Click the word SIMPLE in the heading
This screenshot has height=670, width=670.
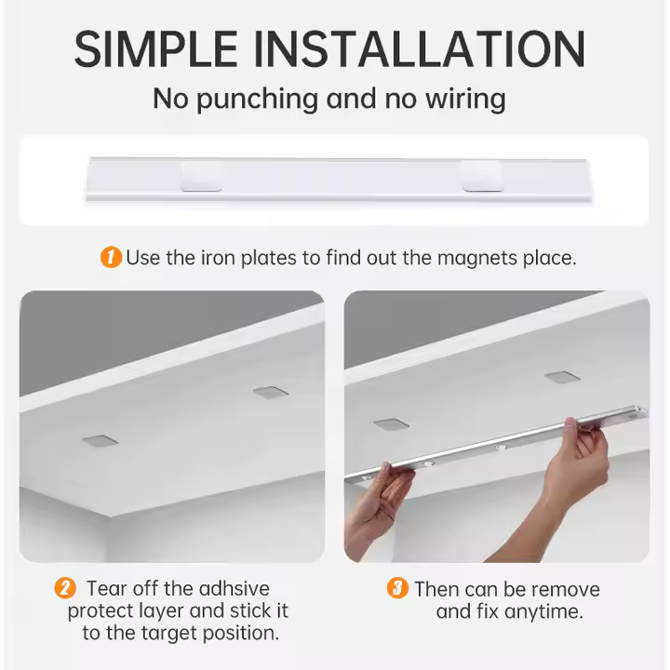(156, 49)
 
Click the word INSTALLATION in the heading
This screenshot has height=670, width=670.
(420, 49)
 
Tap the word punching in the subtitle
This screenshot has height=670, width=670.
(257, 100)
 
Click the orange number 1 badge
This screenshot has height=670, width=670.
(111, 257)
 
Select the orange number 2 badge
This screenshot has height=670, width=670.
(65, 588)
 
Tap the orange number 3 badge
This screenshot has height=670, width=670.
(397, 588)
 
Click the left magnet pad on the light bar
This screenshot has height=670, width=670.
(201, 176)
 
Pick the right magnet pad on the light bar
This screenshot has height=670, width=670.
(483, 176)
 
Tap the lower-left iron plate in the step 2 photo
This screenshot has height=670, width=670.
(100, 441)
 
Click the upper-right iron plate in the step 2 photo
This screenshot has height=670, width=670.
(271, 393)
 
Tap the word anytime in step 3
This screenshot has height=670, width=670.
(544, 611)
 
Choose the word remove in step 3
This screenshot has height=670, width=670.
(566, 590)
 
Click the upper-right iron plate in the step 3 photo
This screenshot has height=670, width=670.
(562, 377)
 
